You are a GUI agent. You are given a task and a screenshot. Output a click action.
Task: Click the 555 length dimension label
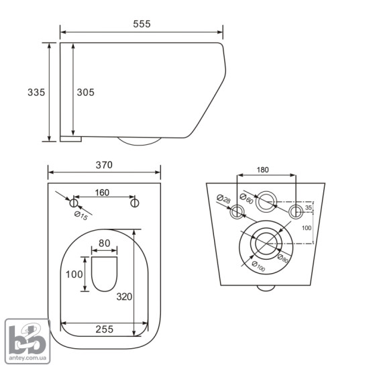142,24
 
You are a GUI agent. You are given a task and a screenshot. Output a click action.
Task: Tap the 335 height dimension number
36,93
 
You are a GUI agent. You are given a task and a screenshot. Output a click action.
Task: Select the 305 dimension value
86,93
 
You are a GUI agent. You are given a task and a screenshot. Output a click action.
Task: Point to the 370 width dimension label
104,165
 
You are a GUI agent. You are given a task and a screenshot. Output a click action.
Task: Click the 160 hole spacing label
102,193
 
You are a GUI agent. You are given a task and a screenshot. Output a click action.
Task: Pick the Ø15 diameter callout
81,215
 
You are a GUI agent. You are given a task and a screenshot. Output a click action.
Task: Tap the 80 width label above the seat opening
105,244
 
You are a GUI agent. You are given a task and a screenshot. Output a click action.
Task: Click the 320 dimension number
125,297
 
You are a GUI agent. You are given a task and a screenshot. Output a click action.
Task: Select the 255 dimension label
105,329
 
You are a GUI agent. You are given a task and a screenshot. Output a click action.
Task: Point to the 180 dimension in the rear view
262,170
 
